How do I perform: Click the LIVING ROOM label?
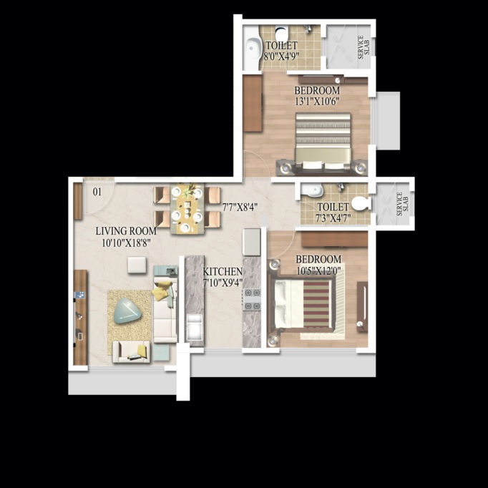[x=126, y=231]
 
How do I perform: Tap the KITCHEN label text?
[x=223, y=272]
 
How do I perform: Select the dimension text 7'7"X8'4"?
[x=240, y=208]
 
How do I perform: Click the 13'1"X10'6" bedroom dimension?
[x=317, y=102]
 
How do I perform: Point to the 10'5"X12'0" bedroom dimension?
[x=318, y=270]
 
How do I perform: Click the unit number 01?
[x=97, y=192]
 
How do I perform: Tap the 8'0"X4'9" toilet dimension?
[x=281, y=57]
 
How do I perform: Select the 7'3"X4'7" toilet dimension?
[x=333, y=218]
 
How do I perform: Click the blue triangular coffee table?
[x=127, y=311]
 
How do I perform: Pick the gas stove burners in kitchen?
[x=252, y=299]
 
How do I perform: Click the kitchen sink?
[x=194, y=326]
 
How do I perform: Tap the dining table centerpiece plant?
[x=189, y=190]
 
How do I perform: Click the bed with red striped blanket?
[x=301, y=304]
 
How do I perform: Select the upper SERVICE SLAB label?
[x=363, y=48]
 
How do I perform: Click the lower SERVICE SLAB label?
[x=402, y=204]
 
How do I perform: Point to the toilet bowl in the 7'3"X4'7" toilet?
[x=361, y=203]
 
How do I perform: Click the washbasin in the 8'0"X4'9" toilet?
[x=253, y=48]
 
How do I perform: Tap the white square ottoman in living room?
[x=137, y=265]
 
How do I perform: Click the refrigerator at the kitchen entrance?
[x=251, y=242]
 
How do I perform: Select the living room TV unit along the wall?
[x=80, y=317]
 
